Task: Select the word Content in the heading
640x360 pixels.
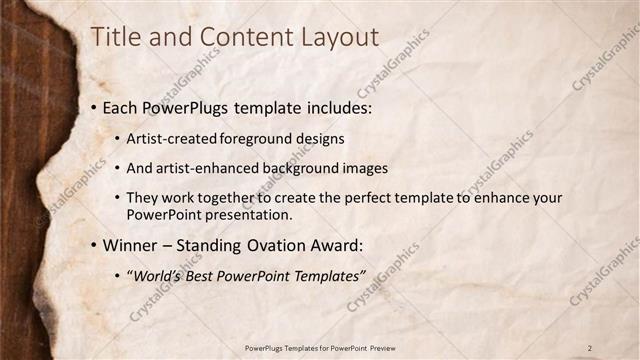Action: pos(241,38)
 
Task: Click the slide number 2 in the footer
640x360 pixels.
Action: pos(591,347)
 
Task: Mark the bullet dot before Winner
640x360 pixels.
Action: pos(93,245)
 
